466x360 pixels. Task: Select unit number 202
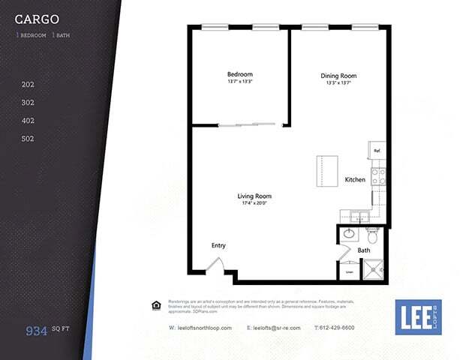click(x=28, y=85)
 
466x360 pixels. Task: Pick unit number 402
click(x=28, y=121)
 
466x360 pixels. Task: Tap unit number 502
click(x=28, y=139)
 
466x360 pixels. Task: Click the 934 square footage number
click(x=36, y=329)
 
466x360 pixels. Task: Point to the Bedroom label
click(x=239, y=74)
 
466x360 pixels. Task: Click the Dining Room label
click(x=338, y=76)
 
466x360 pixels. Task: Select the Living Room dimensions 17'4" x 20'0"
click(x=254, y=203)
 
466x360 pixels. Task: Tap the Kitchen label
click(x=355, y=180)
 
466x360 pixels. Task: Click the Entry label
click(x=218, y=245)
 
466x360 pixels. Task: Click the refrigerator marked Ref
click(x=377, y=151)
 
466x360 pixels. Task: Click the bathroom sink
click(x=349, y=234)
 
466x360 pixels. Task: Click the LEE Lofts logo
click(x=418, y=316)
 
